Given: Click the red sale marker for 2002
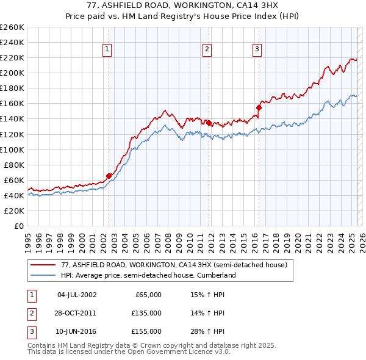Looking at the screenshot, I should [109, 176].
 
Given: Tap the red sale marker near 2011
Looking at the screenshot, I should [209, 123].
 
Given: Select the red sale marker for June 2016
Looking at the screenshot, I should [259, 107].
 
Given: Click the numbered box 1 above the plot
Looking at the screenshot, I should [107, 49].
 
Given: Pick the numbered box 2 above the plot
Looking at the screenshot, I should [207, 49].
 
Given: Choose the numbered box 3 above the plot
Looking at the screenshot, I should [257, 49].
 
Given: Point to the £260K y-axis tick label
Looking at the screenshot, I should [12, 27].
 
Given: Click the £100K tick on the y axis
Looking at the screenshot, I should [12, 149].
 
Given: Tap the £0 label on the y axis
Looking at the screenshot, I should [20, 226].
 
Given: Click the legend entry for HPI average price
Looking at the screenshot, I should [148, 275].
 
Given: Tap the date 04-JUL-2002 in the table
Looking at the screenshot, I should [76, 295].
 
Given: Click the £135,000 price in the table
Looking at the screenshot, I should [146, 313].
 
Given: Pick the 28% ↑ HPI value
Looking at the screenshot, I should [207, 331].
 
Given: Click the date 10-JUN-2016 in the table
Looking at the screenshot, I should [76, 331].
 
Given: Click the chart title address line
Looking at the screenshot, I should [182, 6].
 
